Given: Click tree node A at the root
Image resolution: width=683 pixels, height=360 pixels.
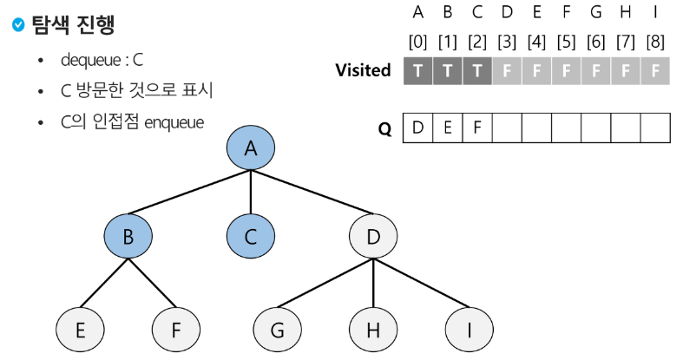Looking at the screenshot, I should click(x=251, y=148).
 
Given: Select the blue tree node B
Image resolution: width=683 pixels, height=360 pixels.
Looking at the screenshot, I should click(x=128, y=236).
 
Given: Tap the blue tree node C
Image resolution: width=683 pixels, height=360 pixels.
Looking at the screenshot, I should click(x=251, y=236).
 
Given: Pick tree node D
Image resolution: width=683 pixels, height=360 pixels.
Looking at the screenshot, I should click(x=373, y=236).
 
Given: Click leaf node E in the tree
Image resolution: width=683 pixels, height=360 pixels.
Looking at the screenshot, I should click(x=80, y=331).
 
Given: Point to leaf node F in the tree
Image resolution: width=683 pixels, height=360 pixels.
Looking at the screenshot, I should click(x=176, y=331).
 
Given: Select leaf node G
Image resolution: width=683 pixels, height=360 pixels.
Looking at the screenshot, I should click(x=278, y=331).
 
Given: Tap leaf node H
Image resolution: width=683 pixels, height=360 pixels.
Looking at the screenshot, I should click(x=373, y=331).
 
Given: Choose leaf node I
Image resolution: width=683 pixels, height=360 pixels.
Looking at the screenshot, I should click(x=469, y=331).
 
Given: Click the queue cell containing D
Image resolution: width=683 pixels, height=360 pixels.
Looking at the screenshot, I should click(x=418, y=128).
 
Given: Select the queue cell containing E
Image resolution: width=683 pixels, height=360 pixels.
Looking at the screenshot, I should click(x=448, y=128).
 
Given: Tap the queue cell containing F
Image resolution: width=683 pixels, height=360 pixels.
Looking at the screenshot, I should click(x=477, y=128).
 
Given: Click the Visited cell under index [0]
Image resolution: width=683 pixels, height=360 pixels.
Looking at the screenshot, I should click(x=418, y=71).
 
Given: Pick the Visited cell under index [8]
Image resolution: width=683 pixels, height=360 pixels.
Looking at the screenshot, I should click(x=655, y=71).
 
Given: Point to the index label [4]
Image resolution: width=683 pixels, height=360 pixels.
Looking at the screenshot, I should click(x=536, y=41).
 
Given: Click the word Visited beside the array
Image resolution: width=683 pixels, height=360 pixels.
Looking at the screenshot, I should click(x=363, y=70).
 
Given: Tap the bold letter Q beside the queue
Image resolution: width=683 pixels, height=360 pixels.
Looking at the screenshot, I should click(x=384, y=129).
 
